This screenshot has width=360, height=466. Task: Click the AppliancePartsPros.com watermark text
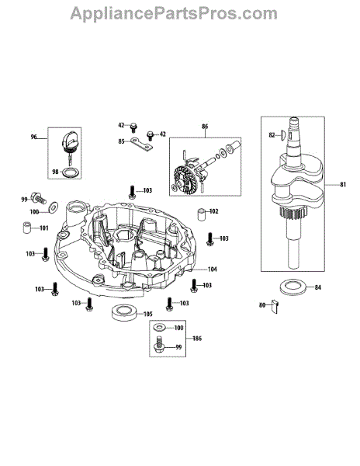point(174,14)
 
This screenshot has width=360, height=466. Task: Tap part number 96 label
point(34,137)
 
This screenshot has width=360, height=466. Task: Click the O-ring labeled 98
point(71,172)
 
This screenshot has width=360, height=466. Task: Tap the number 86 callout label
point(205,127)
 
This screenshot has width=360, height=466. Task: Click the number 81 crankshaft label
point(343,185)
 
